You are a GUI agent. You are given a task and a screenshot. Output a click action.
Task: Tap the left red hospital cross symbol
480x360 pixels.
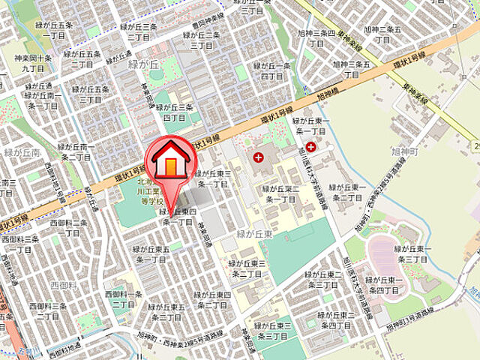259,157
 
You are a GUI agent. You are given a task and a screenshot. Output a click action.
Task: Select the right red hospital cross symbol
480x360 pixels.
310,148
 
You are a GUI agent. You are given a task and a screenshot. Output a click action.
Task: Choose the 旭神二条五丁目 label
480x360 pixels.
382,34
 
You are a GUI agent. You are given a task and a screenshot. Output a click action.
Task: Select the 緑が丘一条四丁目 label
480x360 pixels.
276,71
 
